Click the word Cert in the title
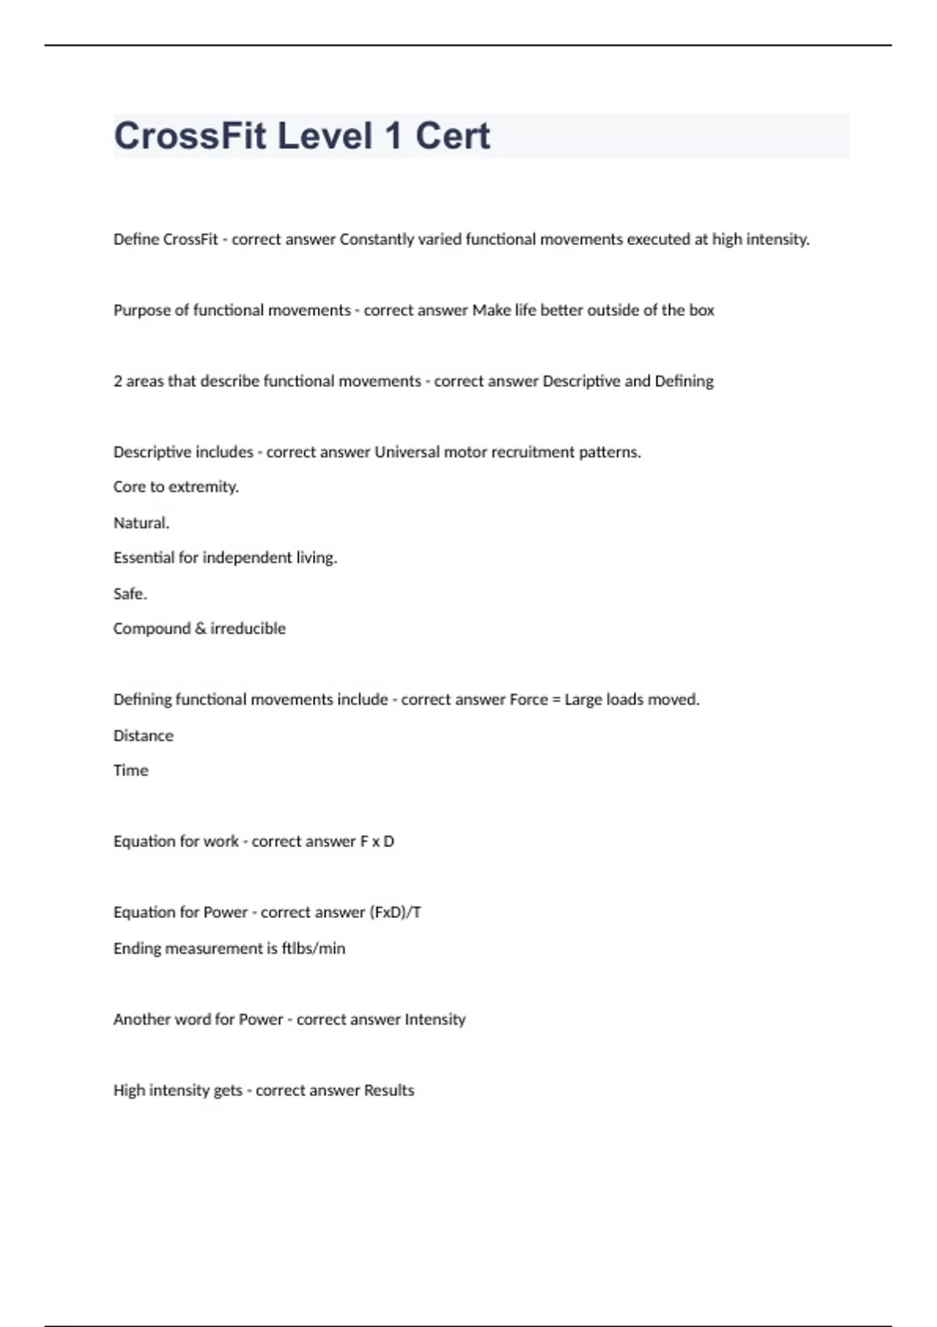452,136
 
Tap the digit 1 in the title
393,136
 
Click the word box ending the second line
701,311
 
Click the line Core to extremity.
176,487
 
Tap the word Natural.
141,523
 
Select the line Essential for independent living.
225,558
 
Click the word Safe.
130,594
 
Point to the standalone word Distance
143,736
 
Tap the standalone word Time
130,771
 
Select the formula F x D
376,842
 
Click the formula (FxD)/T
395,913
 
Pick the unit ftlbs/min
313,949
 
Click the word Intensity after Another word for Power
434,1020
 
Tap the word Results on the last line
389,1091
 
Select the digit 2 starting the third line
118,382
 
